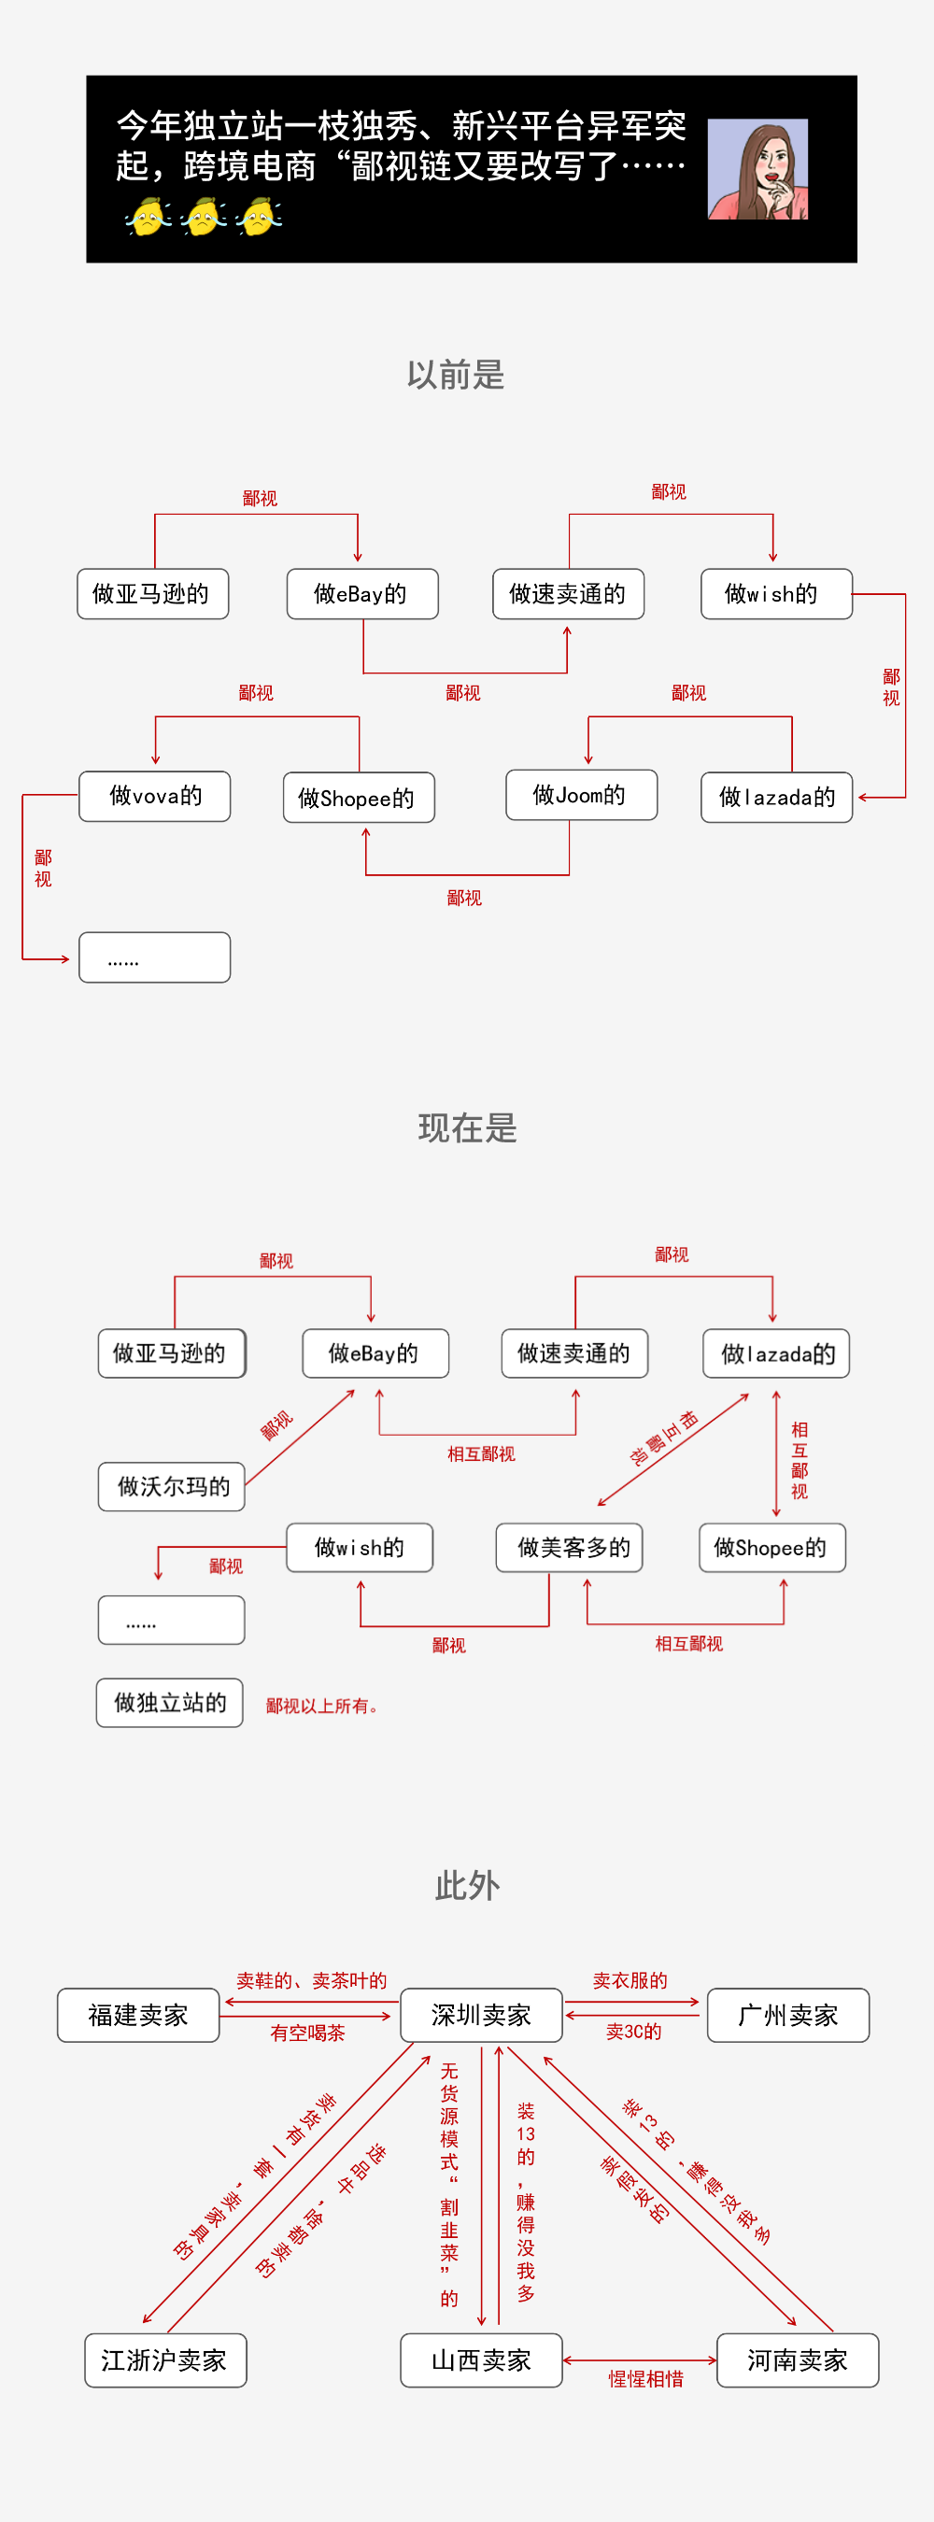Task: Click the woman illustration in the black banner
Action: point(757,169)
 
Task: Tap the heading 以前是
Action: point(456,375)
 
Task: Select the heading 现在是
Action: point(468,1127)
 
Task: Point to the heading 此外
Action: point(468,1885)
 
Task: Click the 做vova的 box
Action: point(155,796)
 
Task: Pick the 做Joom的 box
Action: point(582,794)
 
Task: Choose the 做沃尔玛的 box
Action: point(171,1486)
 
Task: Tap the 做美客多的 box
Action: point(570,1547)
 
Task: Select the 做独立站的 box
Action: point(169,1703)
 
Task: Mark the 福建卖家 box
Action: point(138,2015)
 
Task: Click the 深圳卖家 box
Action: point(482,2015)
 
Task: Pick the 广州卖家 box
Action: point(788,2015)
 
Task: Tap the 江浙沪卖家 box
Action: point(164,2360)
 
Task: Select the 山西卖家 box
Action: point(482,2360)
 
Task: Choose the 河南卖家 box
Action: point(798,2360)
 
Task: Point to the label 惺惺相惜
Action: point(646,2379)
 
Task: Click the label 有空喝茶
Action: point(307,2033)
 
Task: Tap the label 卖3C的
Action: point(633,2032)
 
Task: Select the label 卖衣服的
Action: point(630,1980)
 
